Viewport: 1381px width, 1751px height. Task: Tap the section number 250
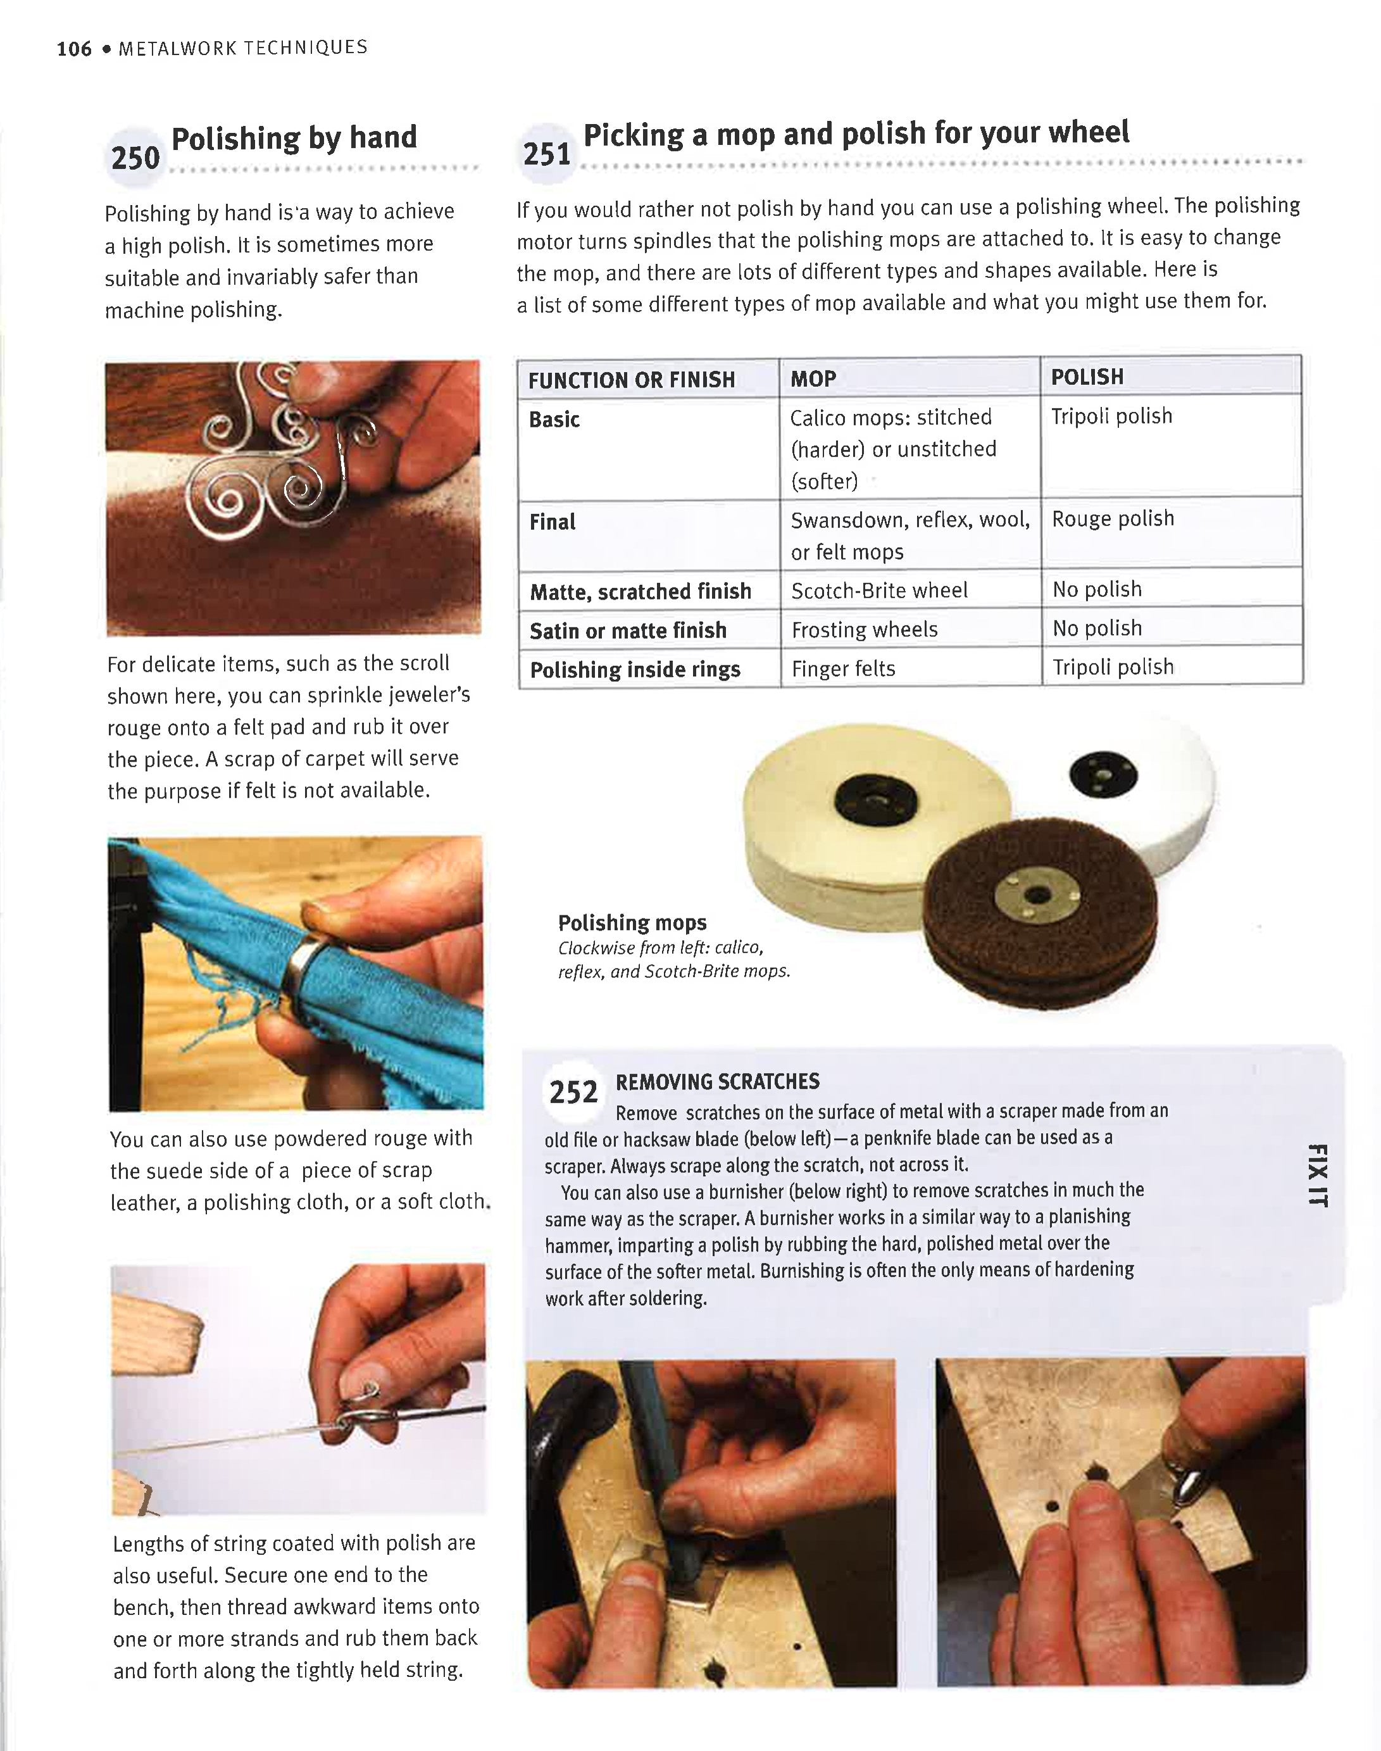tap(135, 158)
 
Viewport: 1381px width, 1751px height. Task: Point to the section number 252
tap(573, 1092)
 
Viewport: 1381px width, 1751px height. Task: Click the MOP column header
tap(813, 379)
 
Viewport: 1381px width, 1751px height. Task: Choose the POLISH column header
tap(1087, 377)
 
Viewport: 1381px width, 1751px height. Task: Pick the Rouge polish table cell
tap(1113, 518)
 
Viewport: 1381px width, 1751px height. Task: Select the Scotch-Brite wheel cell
tap(879, 591)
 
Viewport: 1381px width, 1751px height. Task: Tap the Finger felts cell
tap(843, 669)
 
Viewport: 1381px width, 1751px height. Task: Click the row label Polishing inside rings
tap(635, 670)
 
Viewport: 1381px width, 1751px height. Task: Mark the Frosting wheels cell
tap(865, 629)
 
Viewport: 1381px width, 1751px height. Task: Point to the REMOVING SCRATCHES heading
tap(717, 1081)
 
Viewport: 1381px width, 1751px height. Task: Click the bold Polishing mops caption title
tap(632, 923)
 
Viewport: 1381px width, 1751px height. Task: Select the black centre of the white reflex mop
tap(1103, 775)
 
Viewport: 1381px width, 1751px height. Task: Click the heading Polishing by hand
tap(294, 138)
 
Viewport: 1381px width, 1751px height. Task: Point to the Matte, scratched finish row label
tap(641, 592)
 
